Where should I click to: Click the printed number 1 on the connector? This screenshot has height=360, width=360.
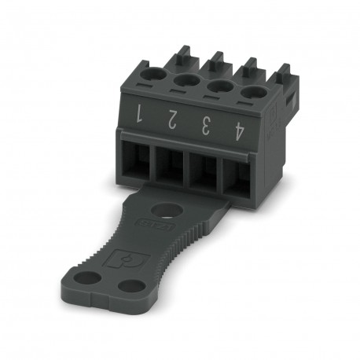(139, 114)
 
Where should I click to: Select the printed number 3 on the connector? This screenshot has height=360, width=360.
(204, 123)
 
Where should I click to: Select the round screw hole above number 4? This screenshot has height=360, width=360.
(252, 92)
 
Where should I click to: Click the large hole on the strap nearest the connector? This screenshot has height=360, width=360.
(166, 210)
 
